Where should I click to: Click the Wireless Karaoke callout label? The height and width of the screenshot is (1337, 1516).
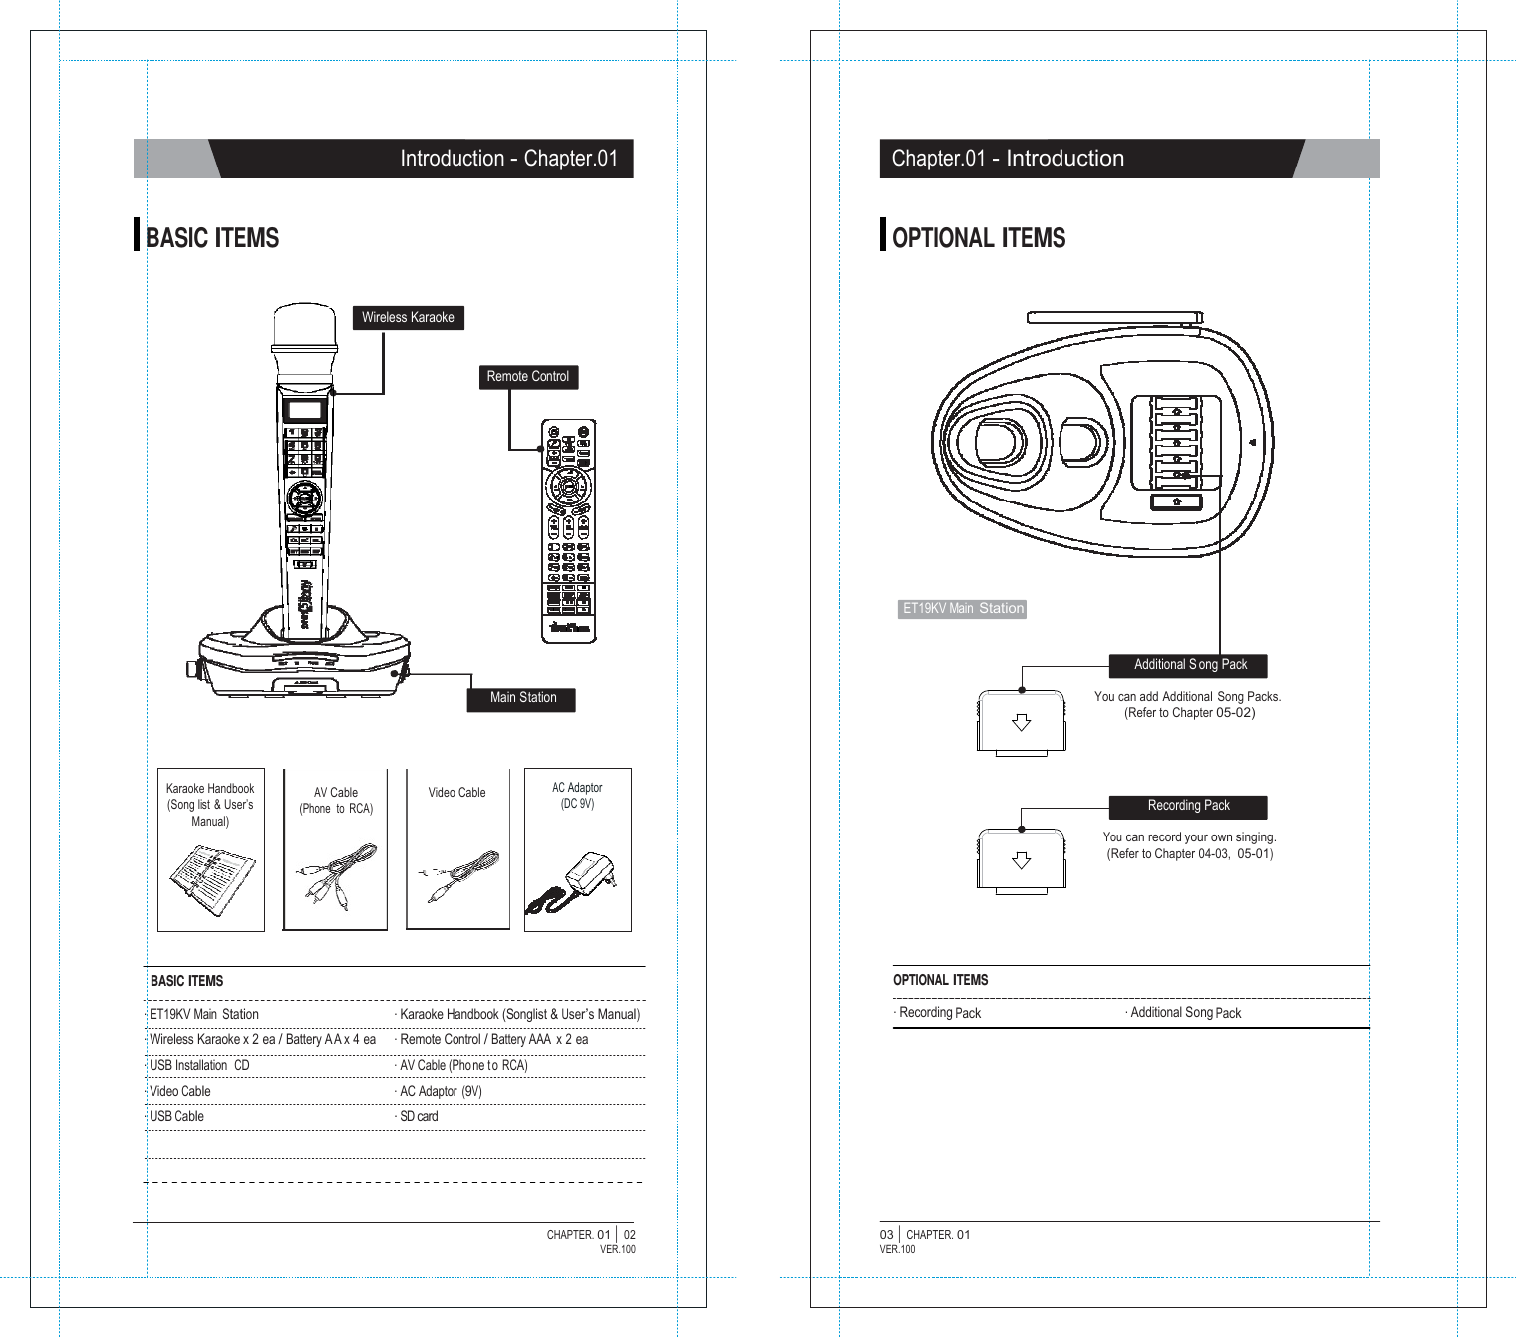point(408,318)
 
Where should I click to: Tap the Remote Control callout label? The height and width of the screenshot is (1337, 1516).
point(527,377)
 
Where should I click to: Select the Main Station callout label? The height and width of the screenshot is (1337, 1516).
point(522,698)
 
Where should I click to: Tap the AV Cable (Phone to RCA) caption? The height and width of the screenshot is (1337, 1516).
point(336,801)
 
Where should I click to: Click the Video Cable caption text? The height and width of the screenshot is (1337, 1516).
point(456,793)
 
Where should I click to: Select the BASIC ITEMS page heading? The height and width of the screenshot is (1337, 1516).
point(211,238)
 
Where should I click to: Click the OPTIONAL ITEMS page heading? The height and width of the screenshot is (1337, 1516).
point(978,238)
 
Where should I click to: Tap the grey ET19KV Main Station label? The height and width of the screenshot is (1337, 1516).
point(962,609)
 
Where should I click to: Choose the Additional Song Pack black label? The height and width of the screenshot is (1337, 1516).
point(1189,665)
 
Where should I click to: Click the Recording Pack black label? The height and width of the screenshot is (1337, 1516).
point(1188,806)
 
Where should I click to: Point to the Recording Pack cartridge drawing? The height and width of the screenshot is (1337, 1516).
point(1021,860)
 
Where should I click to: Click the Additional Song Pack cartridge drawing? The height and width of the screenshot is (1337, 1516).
point(1021,722)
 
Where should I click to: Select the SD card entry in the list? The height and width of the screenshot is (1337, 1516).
point(419,1117)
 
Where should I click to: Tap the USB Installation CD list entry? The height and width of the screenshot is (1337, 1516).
point(198,1066)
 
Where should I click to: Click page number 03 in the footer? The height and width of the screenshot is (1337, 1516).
point(886,1235)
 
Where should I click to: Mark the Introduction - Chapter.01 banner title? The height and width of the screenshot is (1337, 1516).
point(508,159)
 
